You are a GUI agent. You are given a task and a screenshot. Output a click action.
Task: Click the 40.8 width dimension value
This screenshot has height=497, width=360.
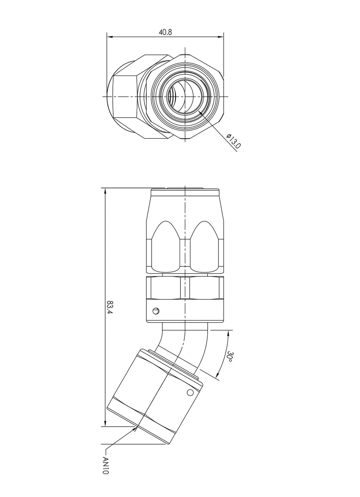pyautogui.click(x=165, y=32)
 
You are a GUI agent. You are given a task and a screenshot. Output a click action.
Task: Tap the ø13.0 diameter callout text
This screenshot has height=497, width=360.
pyautogui.click(x=234, y=141)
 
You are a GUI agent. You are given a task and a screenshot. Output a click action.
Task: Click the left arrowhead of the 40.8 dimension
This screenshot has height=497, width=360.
pyautogui.click(x=110, y=36)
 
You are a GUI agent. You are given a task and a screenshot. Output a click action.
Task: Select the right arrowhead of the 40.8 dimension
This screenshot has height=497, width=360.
pyautogui.click(x=221, y=36)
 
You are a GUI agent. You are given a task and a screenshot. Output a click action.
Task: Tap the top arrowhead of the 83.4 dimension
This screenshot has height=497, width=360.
pyautogui.click(x=105, y=191)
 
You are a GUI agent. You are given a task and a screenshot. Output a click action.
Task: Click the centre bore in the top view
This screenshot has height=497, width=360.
pyautogui.click(x=185, y=96)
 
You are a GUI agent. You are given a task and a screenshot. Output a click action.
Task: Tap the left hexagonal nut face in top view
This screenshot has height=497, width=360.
pyautogui.click(x=125, y=97)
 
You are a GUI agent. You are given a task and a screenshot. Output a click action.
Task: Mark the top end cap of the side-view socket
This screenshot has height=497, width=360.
pyautogui.click(x=185, y=192)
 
